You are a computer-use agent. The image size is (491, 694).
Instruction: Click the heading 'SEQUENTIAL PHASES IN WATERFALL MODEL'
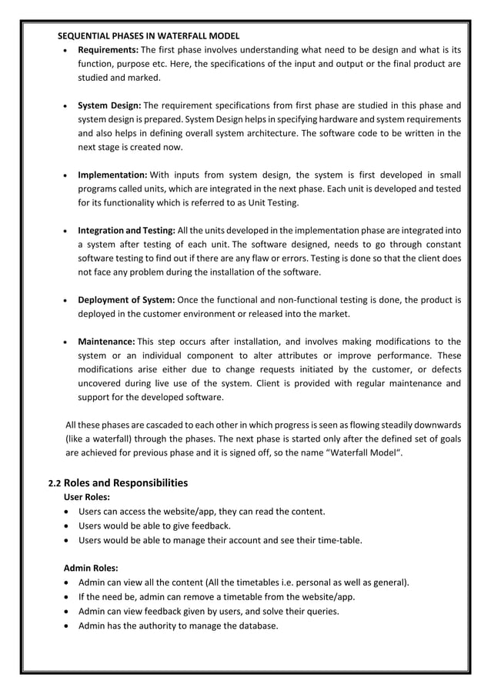[x=149, y=36]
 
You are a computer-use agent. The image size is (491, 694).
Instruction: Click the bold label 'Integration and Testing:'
[x=126, y=230]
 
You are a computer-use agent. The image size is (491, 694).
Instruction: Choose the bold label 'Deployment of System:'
[x=126, y=299]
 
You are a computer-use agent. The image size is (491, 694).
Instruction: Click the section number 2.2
[x=54, y=484]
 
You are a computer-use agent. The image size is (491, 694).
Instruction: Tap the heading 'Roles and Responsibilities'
[x=125, y=483]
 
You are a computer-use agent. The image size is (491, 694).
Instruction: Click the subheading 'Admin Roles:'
[x=90, y=569]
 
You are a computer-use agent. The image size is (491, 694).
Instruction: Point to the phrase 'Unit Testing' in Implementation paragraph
[x=272, y=202]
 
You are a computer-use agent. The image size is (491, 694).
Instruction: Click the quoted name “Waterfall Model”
[x=366, y=453]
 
